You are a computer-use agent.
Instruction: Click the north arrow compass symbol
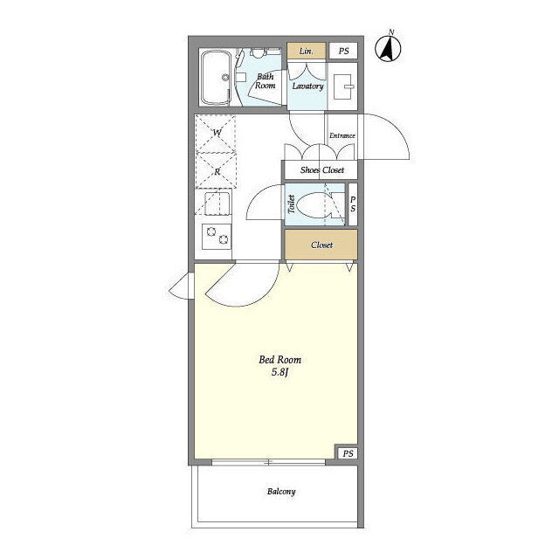[388, 47]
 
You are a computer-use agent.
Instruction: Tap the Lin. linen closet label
[307, 51]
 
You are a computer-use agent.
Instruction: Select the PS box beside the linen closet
[343, 51]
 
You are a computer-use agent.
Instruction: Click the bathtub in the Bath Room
[216, 78]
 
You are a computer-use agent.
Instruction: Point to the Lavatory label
[307, 86]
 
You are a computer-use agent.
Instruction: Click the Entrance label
[342, 135]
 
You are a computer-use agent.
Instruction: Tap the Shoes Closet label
[322, 170]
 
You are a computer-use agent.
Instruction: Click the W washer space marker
[217, 133]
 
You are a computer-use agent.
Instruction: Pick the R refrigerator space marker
[217, 171]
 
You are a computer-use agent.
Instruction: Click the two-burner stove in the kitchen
[217, 236]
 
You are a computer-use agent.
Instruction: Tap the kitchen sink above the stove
[217, 204]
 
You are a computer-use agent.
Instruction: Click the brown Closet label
[321, 245]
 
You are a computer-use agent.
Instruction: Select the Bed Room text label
[279, 360]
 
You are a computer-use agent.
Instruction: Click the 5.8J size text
[279, 373]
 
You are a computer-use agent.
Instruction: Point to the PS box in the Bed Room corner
[348, 453]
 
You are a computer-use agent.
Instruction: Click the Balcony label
[281, 492]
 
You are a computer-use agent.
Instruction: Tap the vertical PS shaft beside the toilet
[353, 204]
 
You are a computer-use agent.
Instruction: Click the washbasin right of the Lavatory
[342, 86]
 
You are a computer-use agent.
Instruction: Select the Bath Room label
[266, 81]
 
